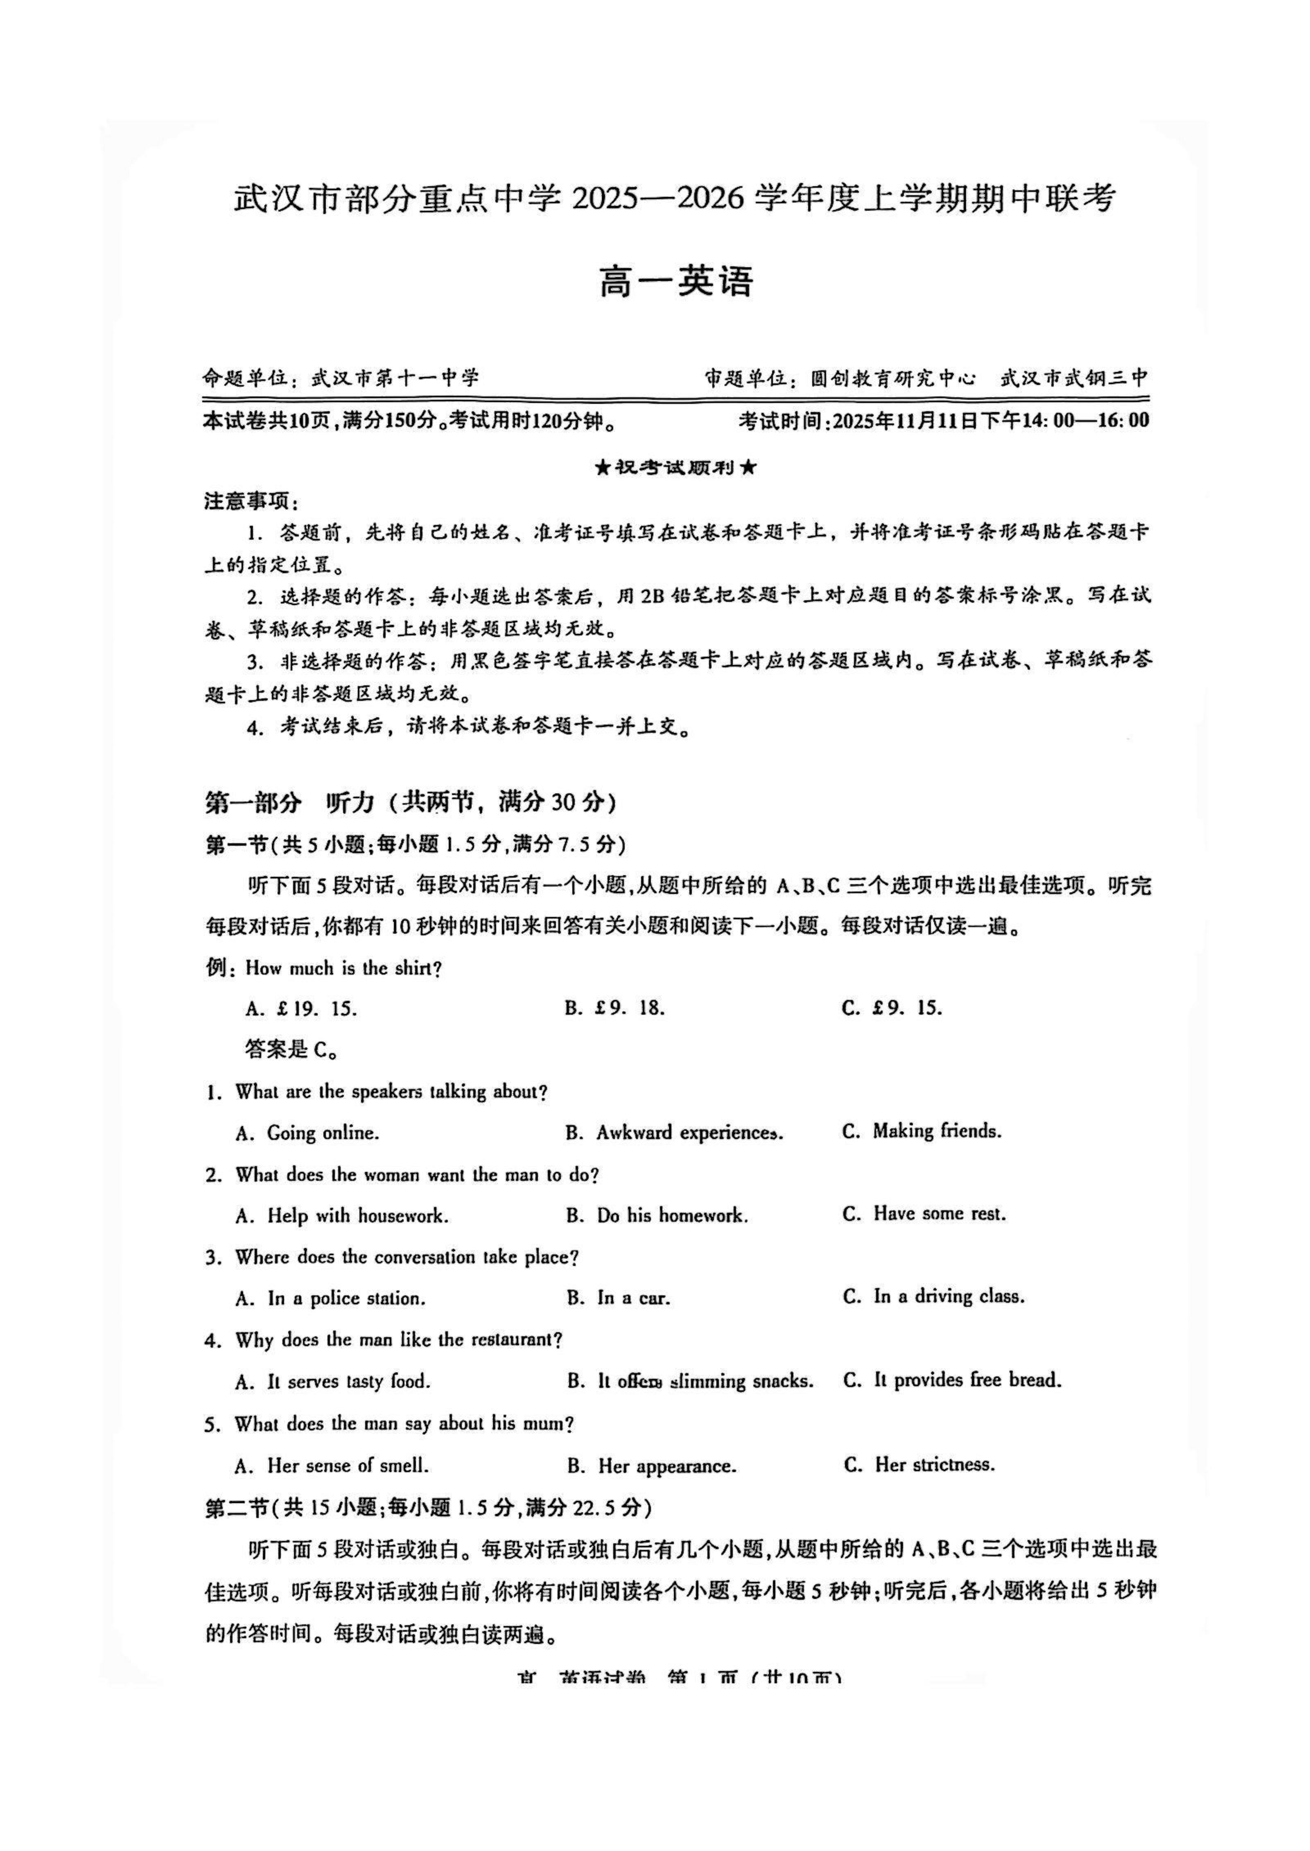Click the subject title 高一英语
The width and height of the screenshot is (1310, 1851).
[676, 281]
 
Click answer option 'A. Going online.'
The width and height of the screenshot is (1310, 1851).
[307, 1133]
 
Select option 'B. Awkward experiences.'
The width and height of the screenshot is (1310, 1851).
[674, 1133]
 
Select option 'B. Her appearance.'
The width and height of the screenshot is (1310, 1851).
[652, 1466]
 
